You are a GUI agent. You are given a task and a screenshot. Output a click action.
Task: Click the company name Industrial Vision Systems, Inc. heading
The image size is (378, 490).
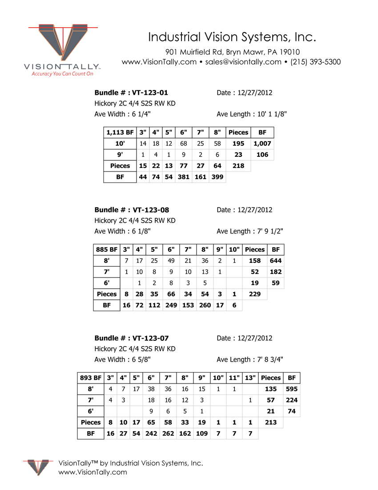pyautogui.click(x=232, y=37)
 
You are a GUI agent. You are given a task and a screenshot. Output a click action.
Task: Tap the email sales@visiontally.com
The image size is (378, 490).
pyautogui.click(x=243, y=62)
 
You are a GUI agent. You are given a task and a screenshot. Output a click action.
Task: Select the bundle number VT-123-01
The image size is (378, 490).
pyautogui.click(x=150, y=93)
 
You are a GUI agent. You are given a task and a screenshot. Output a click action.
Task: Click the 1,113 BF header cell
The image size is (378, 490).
pyautogui.click(x=120, y=132)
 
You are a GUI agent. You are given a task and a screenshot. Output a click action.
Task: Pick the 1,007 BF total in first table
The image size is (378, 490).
pyautogui.click(x=262, y=143)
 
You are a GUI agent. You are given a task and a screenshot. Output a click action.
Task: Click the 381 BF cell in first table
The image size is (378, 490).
pyautogui.click(x=183, y=177)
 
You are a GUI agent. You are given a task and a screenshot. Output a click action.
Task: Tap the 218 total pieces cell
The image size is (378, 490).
pyautogui.click(x=238, y=166)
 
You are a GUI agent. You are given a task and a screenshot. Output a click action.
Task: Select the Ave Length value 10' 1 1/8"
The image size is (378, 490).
pyautogui.click(x=272, y=114)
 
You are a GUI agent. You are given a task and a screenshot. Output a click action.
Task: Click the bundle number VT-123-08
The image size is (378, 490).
pyautogui.click(x=150, y=210)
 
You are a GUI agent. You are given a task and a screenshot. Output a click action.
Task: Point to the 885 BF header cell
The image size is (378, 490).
pyautogui.click(x=107, y=249)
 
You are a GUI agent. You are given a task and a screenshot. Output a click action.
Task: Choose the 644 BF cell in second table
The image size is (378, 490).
pyautogui.click(x=276, y=261)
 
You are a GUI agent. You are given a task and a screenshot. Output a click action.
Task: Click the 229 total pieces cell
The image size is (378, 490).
pyautogui.click(x=255, y=294)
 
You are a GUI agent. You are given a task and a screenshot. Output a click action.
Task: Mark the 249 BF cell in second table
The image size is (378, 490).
pyautogui.click(x=171, y=305)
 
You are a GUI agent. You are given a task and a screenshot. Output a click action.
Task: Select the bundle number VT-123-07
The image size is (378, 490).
pyautogui.click(x=150, y=338)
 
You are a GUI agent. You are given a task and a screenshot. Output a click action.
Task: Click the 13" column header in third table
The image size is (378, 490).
pyautogui.click(x=250, y=378)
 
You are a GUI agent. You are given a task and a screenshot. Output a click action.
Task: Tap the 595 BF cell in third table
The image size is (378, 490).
pyautogui.click(x=292, y=389)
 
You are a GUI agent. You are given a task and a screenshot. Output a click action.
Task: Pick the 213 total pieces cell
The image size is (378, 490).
pyautogui.click(x=270, y=422)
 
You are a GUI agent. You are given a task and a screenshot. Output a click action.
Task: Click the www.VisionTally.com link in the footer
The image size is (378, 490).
pyautogui.click(x=92, y=472)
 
